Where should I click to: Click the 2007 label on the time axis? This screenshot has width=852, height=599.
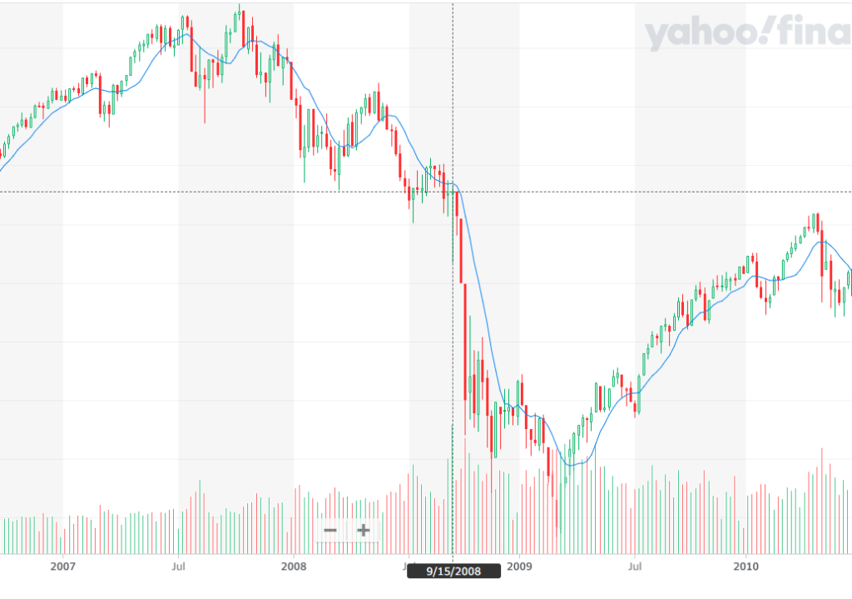[x=62, y=567]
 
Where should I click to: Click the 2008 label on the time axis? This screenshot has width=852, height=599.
[x=294, y=567]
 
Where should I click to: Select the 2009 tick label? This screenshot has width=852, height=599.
[x=519, y=567]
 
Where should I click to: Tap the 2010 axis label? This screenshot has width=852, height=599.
[x=745, y=567]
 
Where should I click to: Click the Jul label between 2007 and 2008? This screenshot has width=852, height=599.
[x=178, y=567]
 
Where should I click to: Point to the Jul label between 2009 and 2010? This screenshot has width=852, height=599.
[x=635, y=567]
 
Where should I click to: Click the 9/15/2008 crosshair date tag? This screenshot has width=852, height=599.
[x=453, y=572]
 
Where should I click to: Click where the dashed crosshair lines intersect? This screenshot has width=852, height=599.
[x=453, y=192]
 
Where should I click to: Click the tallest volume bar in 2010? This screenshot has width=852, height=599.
[x=822, y=500]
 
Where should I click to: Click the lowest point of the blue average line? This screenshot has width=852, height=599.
[x=571, y=464]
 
